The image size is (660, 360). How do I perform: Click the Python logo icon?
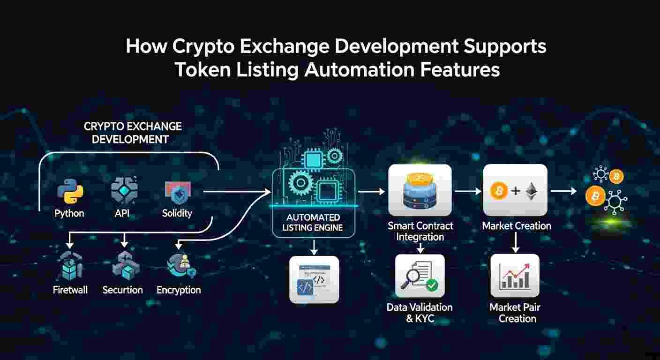pyautogui.click(x=70, y=192)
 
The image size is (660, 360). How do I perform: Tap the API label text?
pyautogui.click(x=122, y=213)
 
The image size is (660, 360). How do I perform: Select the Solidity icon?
pyautogui.click(x=178, y=192)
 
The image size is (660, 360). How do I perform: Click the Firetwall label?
pyautogui.click(x=70, y=290)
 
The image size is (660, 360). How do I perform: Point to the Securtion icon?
pyautogui.click(x=123, y=265)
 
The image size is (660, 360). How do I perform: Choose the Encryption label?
pyautogui.click(x=179, y=290)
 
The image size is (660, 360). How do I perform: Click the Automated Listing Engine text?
pyautogui.click(x=314, y=223)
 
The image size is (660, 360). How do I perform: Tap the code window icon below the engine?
pyautogui.click(x=314, y=280)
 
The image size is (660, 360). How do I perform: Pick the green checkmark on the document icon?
pyautogui.click(x=432, y=284)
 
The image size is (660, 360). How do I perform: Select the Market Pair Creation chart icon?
pyautogui.click(x=515, y=276)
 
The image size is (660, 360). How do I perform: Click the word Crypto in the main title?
pyautogui.click(x=197, y=47)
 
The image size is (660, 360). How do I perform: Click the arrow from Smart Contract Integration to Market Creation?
pyautogui.click(x=468, y=191)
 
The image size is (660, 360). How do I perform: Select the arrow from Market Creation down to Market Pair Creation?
pyautogui.click(x=516, y=243)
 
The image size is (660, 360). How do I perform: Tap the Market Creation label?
pyautogui.click(x=517, y=226)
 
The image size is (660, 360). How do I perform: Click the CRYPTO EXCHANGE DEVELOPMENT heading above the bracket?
pyautogui.click(x=133, y=133)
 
